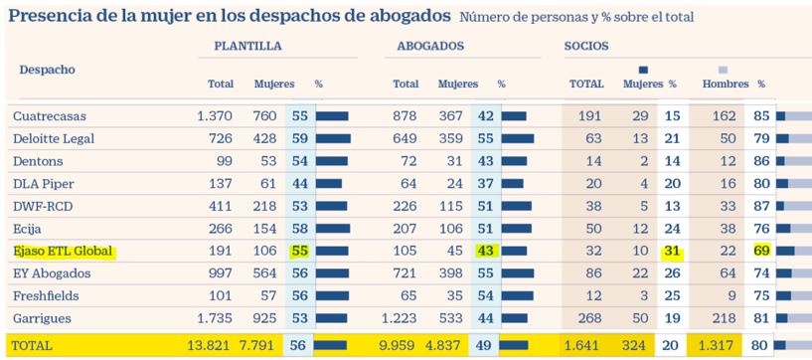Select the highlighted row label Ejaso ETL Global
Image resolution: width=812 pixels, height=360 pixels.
[63, 253]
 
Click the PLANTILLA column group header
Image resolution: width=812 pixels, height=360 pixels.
[247, 46]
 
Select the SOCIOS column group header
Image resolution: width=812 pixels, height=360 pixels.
[586, 46]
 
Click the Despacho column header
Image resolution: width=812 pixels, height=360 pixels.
[48, 70]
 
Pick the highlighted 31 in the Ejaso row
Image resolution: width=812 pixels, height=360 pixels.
[672, 253]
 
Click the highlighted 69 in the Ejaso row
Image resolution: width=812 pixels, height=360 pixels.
[761, 253]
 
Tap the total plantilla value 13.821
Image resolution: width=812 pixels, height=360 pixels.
[210, 345]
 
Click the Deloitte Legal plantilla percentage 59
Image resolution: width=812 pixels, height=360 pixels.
[299, 139]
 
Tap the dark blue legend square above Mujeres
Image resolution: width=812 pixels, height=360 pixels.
[643, 70]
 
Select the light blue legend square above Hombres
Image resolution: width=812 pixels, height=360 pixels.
[723, 70]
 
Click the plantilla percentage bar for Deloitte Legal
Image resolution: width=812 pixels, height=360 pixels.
[333, 139]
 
